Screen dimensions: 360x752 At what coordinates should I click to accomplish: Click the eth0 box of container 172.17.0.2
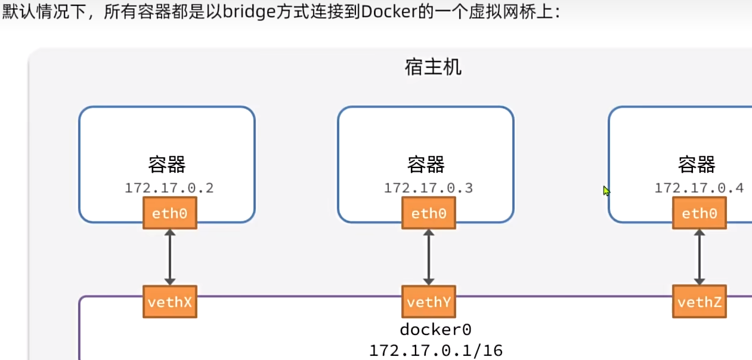tap(169, 213)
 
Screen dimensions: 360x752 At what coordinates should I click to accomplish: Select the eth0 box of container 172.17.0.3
tap(428, 213)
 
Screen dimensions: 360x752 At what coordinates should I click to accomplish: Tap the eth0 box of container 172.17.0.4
tap(699, 213)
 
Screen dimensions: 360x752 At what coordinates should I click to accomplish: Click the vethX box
tap(169, 302)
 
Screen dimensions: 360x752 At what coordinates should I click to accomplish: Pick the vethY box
tap(428, 302)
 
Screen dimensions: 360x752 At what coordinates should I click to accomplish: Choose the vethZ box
tap(699, 302)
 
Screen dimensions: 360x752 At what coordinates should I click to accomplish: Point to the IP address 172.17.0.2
tap(169, 188)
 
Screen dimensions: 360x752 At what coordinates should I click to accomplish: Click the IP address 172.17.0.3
tap(428, 188)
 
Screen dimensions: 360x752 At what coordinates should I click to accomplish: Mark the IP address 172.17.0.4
tap(699, 188)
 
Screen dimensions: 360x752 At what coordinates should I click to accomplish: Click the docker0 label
tap(435, 330)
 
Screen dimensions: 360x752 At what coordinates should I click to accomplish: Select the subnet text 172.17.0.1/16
tap(435, 350)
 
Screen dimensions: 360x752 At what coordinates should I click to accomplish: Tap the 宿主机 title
tap(433, 67)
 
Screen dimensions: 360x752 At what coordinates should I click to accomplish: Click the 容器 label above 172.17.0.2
tap(167, 165)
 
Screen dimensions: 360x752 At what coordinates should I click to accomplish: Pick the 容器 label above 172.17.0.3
tap(426, 165)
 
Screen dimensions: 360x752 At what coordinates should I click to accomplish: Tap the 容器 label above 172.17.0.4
tap(697, 165)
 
